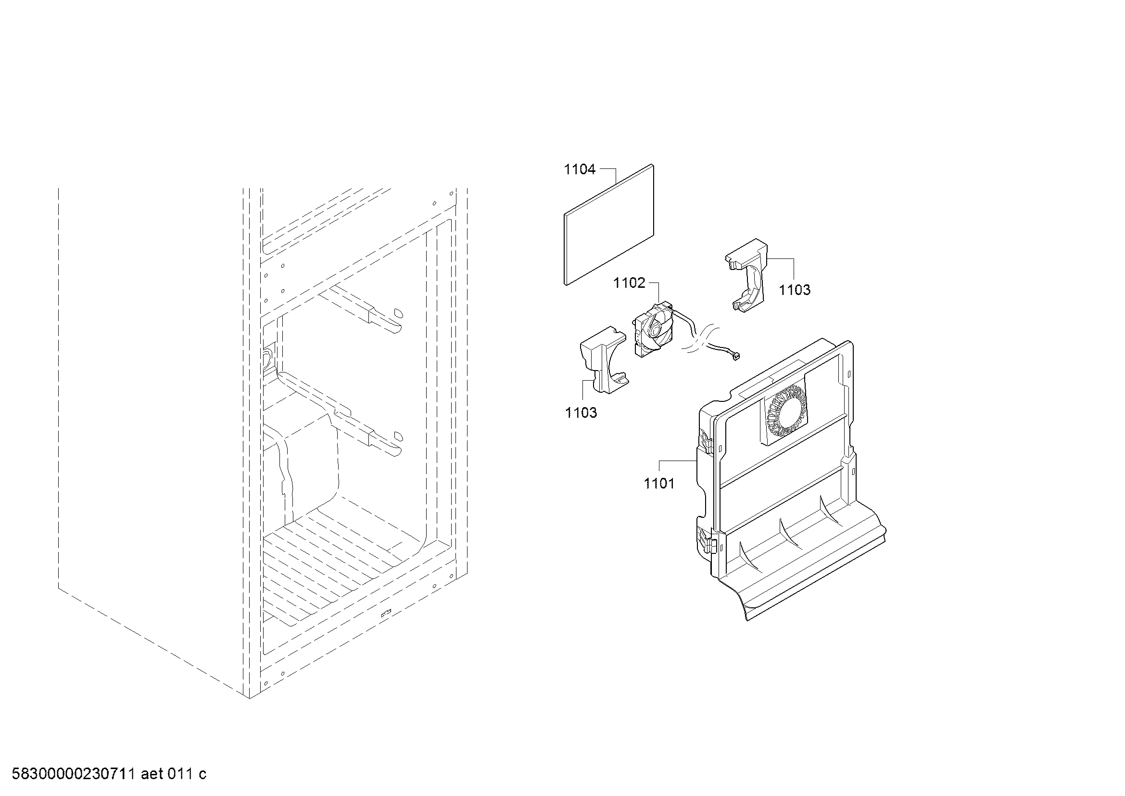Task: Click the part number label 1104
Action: (x=580, y=169)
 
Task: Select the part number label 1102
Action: (x=629, y=283)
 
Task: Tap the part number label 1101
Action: (x=659, y=483)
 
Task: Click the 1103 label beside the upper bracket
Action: (x=795, y=290)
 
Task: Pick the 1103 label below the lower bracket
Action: (x=581, y=413)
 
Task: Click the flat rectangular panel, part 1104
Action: (x=608, y=224)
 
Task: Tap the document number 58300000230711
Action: (x=74, y=774)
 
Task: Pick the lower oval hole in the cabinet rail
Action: (x=399, y=435)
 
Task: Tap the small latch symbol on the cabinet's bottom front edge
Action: (x=386, y=613)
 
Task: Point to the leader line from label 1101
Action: (x=678, y=461)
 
